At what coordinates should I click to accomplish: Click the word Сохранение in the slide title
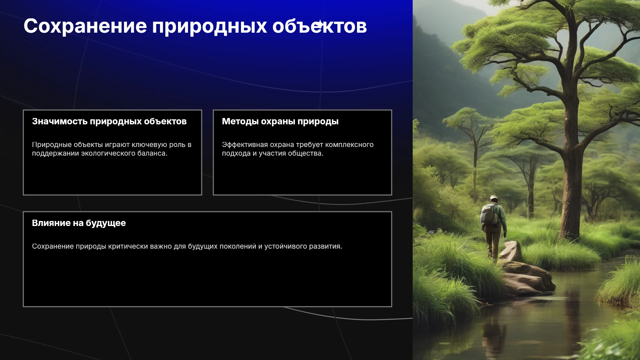pyautogui.click(x=85, y=26)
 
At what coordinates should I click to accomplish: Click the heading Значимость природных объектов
pyautogui.click(x=109, y=121)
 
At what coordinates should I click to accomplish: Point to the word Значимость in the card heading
pyautogui.click(x=60, y=121)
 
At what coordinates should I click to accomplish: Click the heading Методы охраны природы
pyautogui.click(x=280, y=122)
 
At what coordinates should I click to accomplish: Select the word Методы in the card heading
pyautogui.click(x=240, y=121)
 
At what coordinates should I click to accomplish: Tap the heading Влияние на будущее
pyautogui.click(x=79, y=223)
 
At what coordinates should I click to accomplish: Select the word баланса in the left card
pyautogui.click(x=151, y=153)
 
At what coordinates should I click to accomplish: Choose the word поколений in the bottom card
pyautogui.click(x=239, y=246)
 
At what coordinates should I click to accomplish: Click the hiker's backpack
pyautogui.click(x=489, y=214)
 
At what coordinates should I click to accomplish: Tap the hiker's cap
pyautogui.click(x=494, y=197)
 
